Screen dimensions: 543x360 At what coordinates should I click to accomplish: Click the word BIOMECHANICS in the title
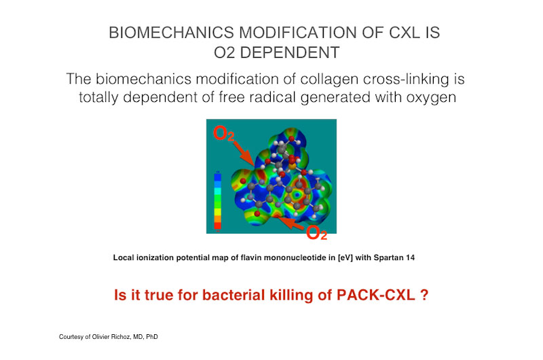[172, 33]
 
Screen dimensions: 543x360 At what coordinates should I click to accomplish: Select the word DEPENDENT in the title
[290, 53]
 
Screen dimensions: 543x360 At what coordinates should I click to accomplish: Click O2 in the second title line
[225, 53]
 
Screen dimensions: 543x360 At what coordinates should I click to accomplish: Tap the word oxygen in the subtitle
[431, 98]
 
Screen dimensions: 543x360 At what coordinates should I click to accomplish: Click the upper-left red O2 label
[223, 133]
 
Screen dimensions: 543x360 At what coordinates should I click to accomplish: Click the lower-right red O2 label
[316, 232]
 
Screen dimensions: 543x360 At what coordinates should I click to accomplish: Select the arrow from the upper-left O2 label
[244, 153]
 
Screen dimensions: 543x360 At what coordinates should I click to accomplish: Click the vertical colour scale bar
[217, 201]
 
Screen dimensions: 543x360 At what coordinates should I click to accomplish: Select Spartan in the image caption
[388, 258]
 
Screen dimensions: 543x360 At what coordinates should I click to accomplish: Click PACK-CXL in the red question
[376, 295]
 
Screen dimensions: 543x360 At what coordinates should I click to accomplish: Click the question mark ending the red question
[424, 295]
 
